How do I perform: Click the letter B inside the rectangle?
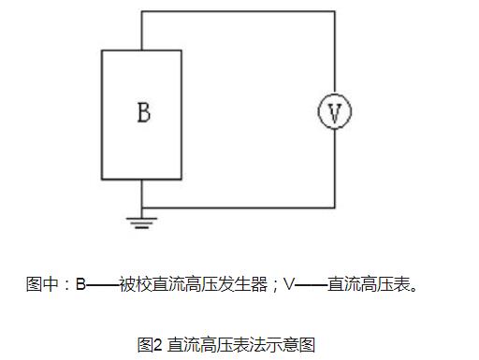[x=143, y=113]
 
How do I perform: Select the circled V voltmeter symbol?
[x=334, y=112]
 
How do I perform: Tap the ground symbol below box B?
[x=142, y=223]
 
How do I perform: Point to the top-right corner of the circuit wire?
[x=334, y=11]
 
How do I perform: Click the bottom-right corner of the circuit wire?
[x=334, y=208]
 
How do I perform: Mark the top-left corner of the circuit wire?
[x=142, y=11]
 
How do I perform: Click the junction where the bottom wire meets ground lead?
[x=142, y=208]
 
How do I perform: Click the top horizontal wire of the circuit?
[x=239, y=11]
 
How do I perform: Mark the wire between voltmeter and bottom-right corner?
[x=334, y=168]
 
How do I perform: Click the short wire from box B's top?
[x=142, y=30]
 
